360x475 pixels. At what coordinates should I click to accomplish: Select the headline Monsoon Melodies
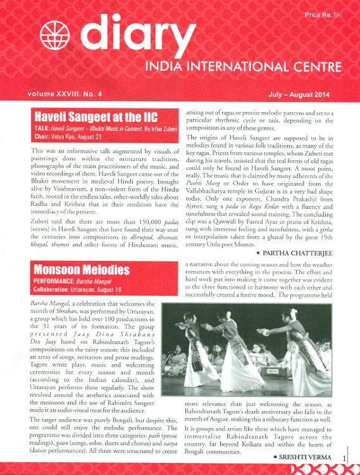coord(81,270)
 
